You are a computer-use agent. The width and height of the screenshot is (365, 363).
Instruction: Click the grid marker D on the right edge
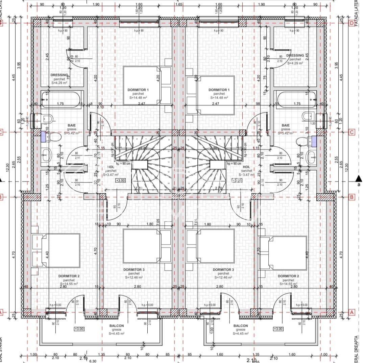[x=351, y=23]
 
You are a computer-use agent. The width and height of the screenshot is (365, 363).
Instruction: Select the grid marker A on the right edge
[x=351, y=313]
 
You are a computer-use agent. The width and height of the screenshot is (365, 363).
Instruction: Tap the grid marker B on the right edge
[x=351, y=197]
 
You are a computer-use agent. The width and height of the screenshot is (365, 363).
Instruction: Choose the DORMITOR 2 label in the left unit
[x=69, y=276]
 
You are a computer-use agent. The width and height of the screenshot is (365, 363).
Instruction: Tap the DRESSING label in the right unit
[x=295, y=55]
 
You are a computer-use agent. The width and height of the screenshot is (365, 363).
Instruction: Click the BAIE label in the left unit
[x=72, y=125]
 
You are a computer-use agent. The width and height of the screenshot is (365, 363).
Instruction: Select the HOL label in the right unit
[x=246, y=167]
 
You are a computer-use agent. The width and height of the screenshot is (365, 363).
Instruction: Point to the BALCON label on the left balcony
[x=116, y=326]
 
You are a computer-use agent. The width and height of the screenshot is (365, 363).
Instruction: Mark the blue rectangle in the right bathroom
[x=314, y=141]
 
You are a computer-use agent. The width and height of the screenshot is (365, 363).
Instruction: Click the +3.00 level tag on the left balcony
[x=79, y=329]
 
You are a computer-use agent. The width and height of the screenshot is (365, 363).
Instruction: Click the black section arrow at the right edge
[x=358, y=179]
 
